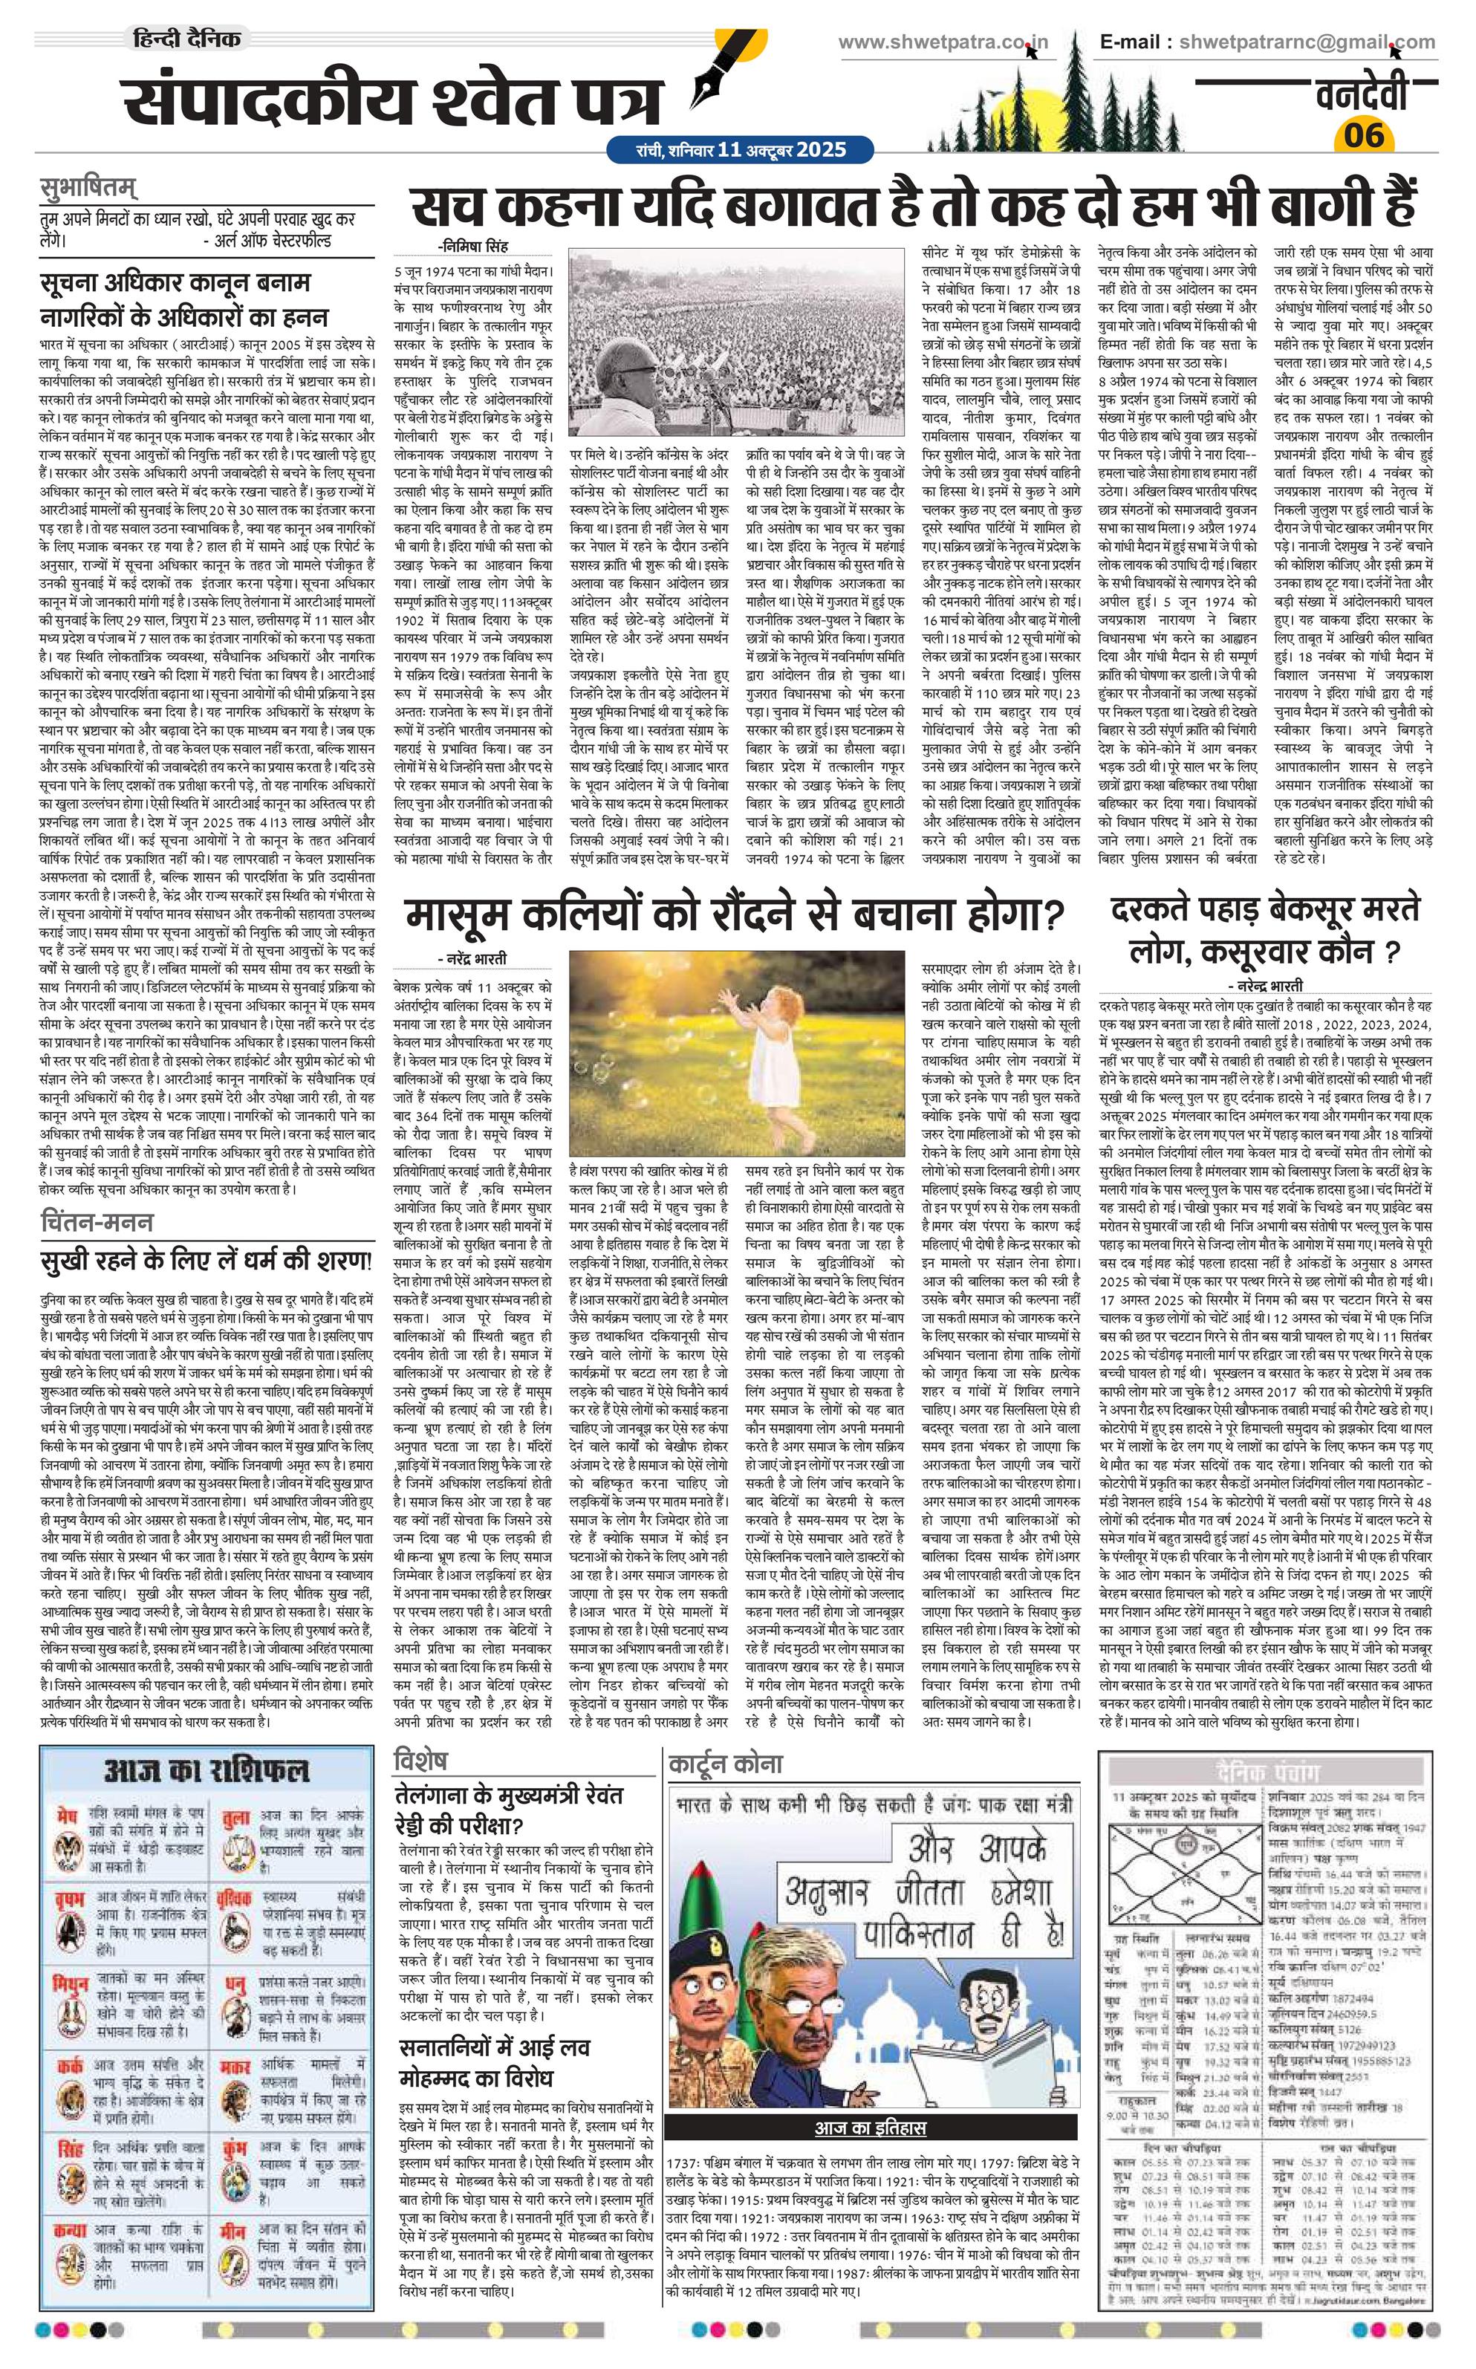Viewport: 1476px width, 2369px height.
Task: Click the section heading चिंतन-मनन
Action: [97, 1221]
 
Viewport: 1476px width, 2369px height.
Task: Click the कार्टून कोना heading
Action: [724, 1763]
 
